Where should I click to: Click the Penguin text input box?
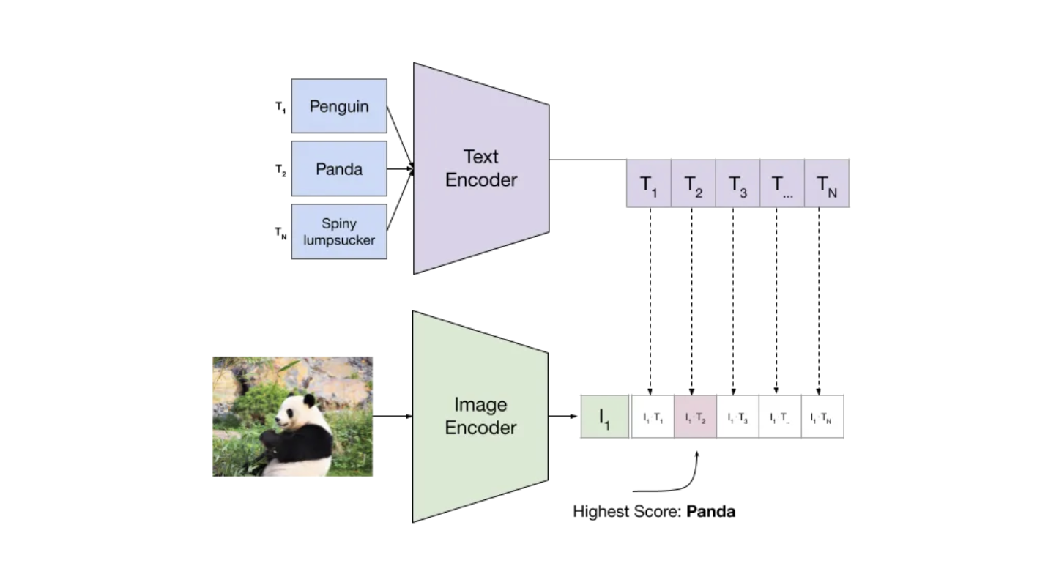338,106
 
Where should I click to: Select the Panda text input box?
338,168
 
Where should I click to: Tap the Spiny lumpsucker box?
338,231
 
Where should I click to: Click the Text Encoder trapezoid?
480,168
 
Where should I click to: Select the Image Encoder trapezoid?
480,416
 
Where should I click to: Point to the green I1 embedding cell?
604,417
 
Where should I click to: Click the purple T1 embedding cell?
649,184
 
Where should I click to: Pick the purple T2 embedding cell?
693,184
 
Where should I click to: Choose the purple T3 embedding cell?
737,184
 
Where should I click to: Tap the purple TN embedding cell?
827,184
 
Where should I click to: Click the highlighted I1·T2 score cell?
695,417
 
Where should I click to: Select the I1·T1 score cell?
653,417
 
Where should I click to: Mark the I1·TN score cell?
822,417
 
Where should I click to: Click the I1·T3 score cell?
737,417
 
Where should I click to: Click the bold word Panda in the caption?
710,512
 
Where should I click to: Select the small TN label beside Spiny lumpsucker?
280,233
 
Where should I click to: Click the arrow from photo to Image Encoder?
393,417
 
